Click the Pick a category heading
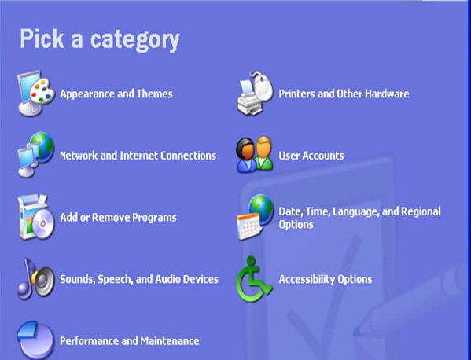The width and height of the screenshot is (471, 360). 100,40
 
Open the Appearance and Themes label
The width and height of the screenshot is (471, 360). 116,94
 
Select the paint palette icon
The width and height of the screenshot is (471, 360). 42,91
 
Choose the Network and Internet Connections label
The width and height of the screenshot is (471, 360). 138,156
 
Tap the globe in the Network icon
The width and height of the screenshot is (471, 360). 42,147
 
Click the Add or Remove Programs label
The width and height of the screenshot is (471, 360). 119,218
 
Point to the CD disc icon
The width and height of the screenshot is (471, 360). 43,224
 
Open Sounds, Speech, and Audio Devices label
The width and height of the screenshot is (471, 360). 139,279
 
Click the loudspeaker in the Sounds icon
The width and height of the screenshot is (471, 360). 43,280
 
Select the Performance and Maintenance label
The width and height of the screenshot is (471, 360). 130,341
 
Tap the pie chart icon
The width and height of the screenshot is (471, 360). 35,340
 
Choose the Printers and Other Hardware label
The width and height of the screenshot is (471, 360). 344,94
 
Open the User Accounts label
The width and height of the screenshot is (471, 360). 311,156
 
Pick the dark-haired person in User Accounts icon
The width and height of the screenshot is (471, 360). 246,155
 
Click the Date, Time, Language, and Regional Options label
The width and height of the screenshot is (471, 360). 359,218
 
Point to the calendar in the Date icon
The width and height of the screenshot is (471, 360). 248,226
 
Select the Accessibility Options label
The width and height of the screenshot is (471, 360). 326,279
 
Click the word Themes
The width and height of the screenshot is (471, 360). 155,94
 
